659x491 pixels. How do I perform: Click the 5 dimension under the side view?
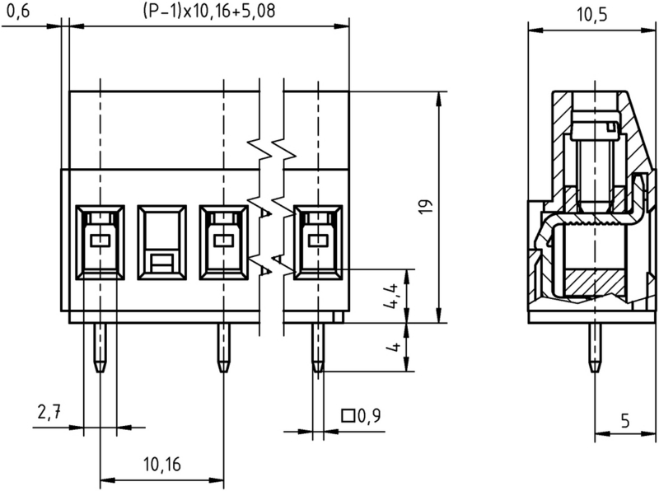click(624, 421)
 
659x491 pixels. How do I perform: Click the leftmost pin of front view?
click(99, 346)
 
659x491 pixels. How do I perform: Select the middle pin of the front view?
click(222, 346)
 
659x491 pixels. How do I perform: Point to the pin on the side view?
click(592, 346)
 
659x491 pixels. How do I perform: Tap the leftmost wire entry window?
click(100, 241)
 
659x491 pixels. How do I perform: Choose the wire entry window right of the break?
click(317, 241)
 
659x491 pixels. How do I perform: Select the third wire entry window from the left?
click(222, 241)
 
